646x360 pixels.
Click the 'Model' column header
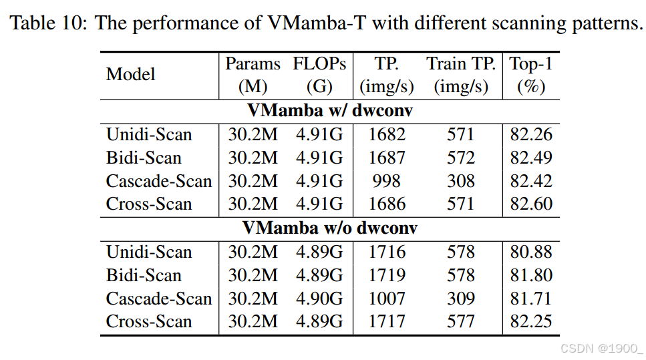(130, 75)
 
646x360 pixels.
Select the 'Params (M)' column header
(253, 75)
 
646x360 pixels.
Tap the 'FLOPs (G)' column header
(319, 75)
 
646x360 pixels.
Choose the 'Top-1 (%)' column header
(531, 75)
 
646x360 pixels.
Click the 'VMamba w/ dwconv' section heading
(329, 111)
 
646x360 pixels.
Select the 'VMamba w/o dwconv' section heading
(329, 228)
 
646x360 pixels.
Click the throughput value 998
(387, 181)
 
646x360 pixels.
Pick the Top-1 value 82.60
(531, 204)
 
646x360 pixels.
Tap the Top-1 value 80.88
(531, 252)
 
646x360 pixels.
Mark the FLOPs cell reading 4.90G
(319, 299)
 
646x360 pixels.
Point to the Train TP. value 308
(461, 181)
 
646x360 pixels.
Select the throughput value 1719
(387, 275)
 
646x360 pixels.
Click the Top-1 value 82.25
(531, 322)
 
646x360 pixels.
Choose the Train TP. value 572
(461, 158)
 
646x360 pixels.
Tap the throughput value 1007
(387, 299)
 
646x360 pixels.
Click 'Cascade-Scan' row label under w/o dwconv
(159, 299)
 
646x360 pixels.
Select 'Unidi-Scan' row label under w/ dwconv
(149, 134)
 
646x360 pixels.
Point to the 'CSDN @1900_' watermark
(601, 349)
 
